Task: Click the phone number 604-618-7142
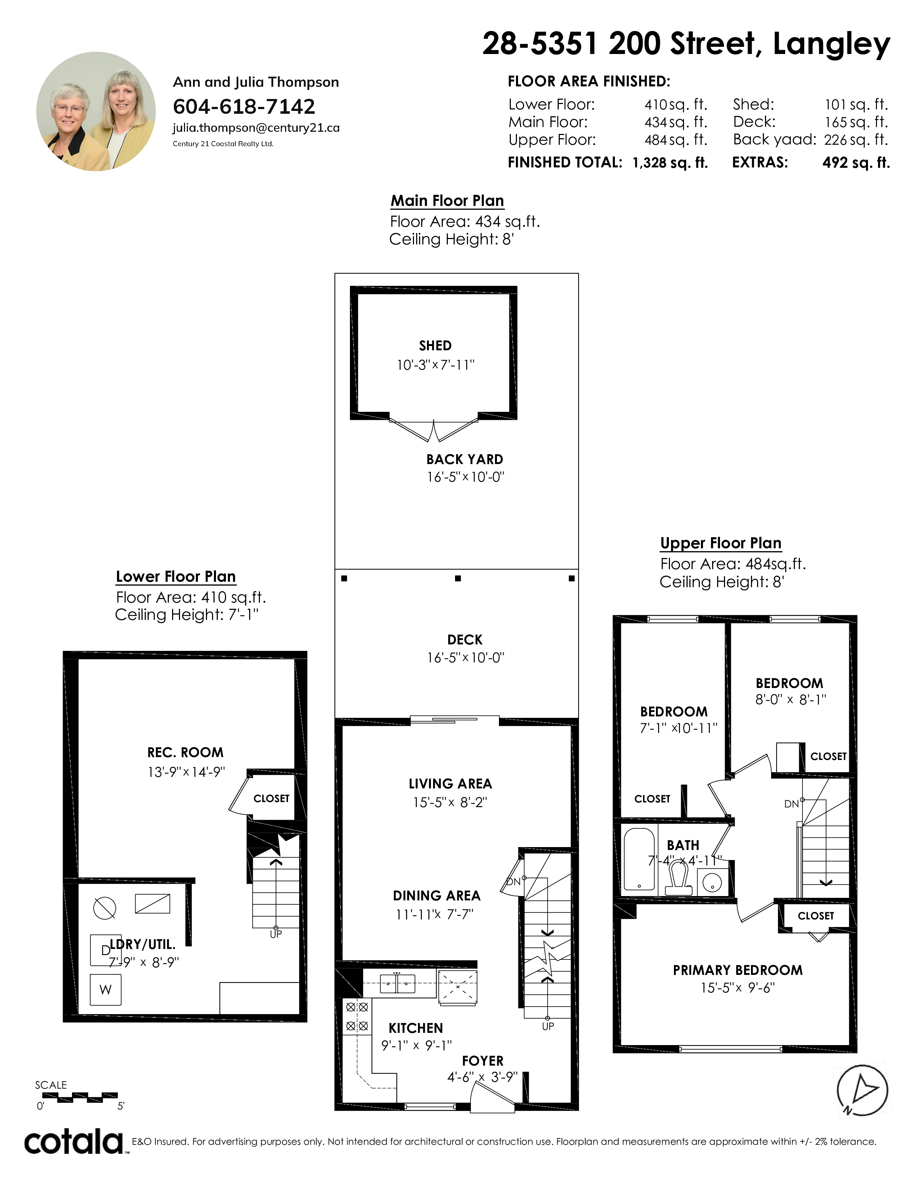point(244,107)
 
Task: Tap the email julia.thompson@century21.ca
point(256,128)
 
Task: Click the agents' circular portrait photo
point(96,112)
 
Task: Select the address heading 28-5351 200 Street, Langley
point(686,44)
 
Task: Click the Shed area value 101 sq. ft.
point(856,104)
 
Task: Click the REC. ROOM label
point(185,752)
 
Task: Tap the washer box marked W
point(105,989)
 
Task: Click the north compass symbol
point(862,1090)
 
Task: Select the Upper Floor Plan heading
point(721,543)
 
